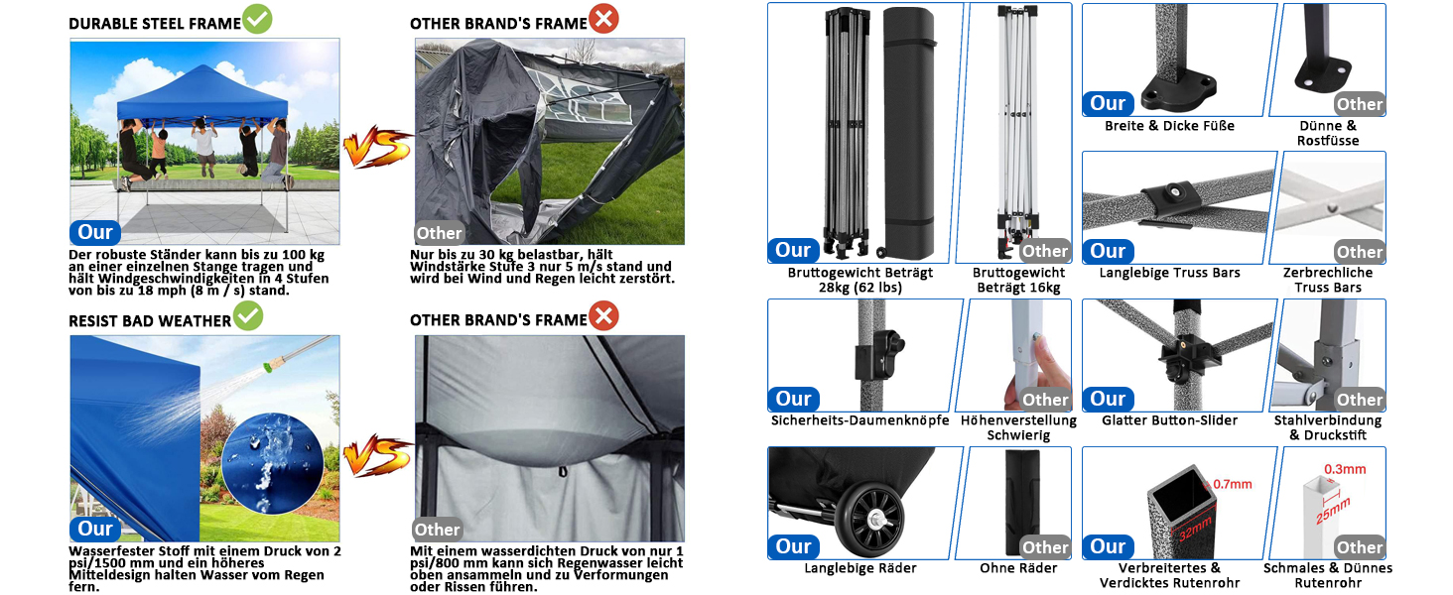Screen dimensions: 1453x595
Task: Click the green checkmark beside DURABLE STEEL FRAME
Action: pos(257,19)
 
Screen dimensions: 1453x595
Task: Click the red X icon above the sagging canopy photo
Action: pos(603,315)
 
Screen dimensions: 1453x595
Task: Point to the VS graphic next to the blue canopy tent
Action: pos(377,147)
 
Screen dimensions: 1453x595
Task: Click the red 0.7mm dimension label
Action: pos(1233,484)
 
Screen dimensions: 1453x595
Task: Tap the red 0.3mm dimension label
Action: pos(1345,469)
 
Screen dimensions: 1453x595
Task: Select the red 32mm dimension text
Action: pos(1196,530)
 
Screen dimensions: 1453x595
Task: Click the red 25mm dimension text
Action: pos(1333,511)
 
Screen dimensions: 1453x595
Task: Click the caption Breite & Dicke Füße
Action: pos(1169,126)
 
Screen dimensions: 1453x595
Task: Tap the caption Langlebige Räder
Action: pos(860,568)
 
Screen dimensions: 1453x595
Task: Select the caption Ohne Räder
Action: pos(1018,568)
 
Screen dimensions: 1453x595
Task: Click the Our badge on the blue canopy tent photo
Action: pos(94,232)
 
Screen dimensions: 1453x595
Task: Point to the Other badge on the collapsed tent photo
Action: pos(439,233)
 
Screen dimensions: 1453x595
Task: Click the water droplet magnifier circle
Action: pos(272,463)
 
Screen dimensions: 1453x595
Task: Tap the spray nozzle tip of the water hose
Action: pos(267,368)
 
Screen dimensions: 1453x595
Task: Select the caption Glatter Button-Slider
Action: pos(1169,420)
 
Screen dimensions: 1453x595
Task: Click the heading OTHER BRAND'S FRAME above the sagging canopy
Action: pos(498,320)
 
